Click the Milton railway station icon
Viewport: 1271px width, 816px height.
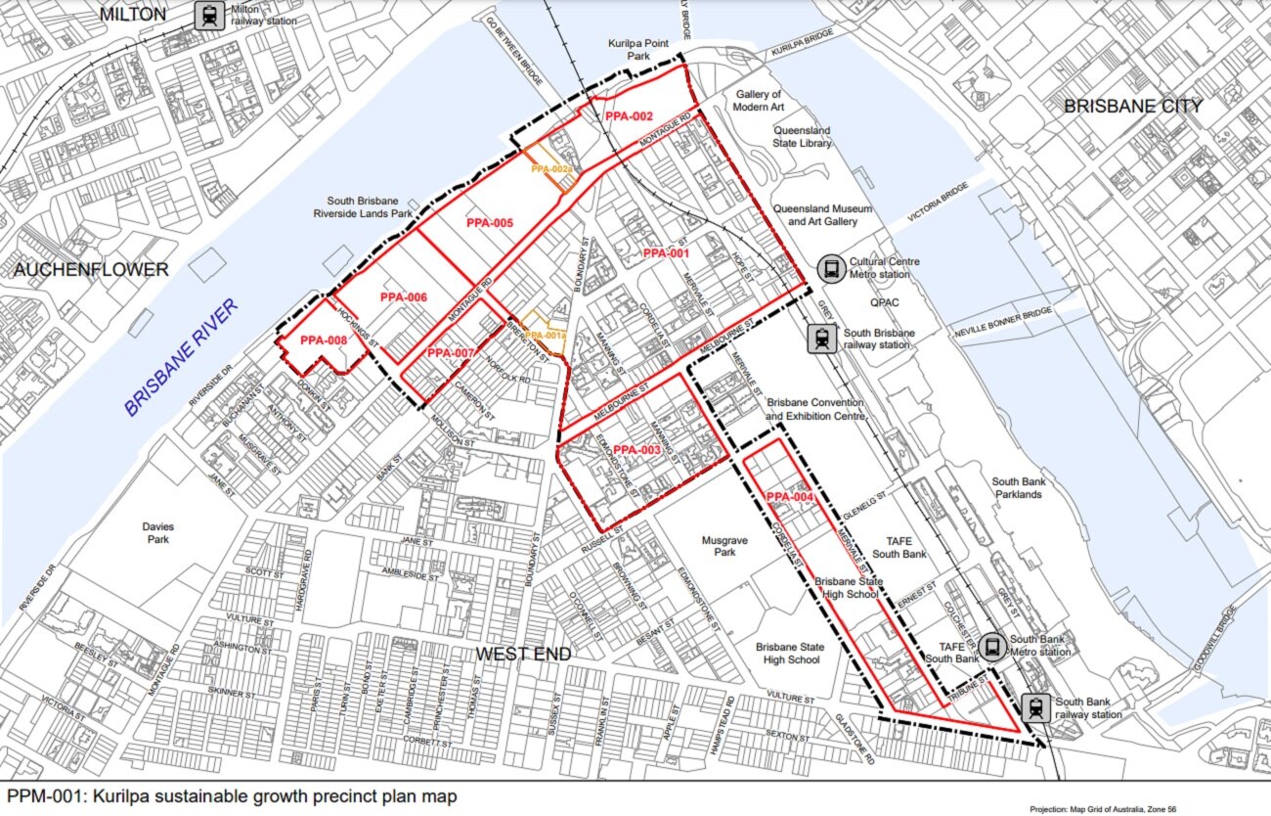point(208,16)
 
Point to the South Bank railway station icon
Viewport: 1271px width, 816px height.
point(1035,707)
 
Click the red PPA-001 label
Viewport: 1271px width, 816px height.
point(666,253)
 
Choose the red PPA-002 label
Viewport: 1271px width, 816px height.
point(629,116)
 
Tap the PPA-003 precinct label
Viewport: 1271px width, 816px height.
point(637,450)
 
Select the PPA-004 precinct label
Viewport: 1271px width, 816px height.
point(790,497)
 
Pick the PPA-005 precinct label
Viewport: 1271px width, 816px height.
point(490,223)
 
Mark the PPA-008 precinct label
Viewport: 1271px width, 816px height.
point(324,340)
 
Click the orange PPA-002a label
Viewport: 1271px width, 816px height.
point(550,170)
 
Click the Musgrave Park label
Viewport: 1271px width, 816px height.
point(724,546)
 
